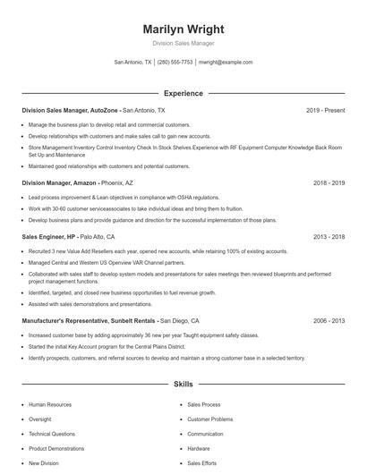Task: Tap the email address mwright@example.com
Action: coord(226,63)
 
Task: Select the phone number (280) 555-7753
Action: coord(175,63)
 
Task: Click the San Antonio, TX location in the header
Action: coord(132,63)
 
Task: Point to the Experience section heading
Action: coord(183,93)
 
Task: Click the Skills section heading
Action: coord(183,384)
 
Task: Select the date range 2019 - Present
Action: coord(325,110)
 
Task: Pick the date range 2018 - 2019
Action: coord(329,182)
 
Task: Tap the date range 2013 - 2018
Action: coord(329,237)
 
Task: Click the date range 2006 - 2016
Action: coord(329,320)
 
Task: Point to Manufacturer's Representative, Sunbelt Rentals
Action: coord(88,320)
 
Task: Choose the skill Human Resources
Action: coord(49,404)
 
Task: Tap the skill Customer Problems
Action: coord(209,419)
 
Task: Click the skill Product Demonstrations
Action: coord(57,448)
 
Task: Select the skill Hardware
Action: coord(199,448)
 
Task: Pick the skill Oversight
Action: coord(40,419)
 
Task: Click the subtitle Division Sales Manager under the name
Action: coord(183,43)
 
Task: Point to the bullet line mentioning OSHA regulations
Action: coord(124,197)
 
